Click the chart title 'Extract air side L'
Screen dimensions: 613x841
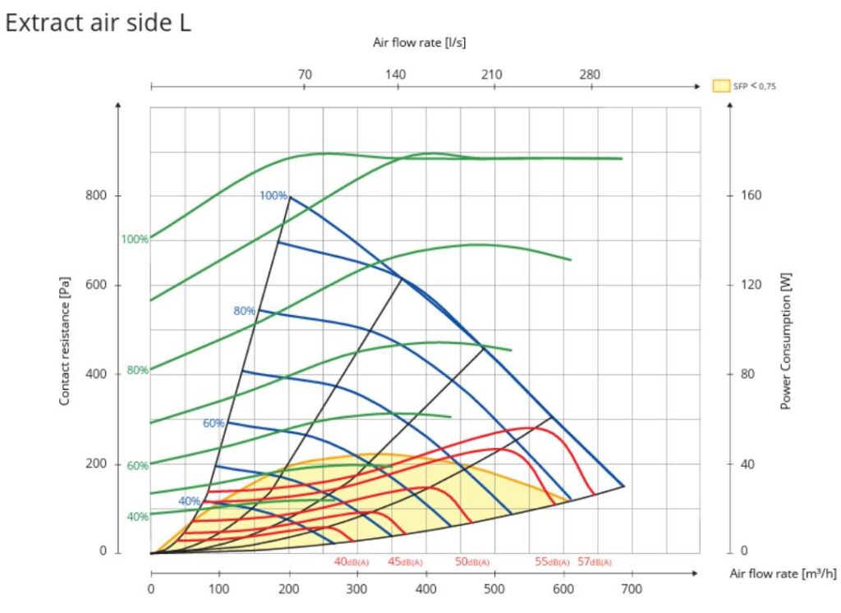pyautogui.click(x=98, y=23)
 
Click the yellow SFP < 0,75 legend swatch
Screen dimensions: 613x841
pyautogui.click(x=720, y=85)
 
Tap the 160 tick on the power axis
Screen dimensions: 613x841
pyautogui.click(x=751, y=196)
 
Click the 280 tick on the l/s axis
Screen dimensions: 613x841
pyautogui.click(x=590, y=75)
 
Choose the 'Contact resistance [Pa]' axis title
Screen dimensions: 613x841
pyautogui.click(x=64, y=341)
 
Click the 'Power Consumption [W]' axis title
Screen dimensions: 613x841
pyautogui.click(x=785, y=341)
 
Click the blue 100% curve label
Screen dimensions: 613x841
pyautogui.click(x=273, y=195)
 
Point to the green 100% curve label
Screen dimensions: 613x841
pyautogui.click(x=135, y=240)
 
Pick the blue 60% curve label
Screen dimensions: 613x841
pyautogui.click(x=214, y=423)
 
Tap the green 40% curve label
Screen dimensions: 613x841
pyautogui.click(x=137, y=516)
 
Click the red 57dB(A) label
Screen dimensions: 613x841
pyautogui.click(x=595, y=562)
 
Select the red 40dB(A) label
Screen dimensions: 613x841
pyautogui.click(x=351, y=562)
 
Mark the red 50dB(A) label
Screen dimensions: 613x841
pyautogui.click(x=471, y=562)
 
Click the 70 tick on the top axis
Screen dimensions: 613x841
pyautogui.click(x=305, y=75)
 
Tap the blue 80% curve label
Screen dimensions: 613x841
pyautogui.click(x=245, y=311)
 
